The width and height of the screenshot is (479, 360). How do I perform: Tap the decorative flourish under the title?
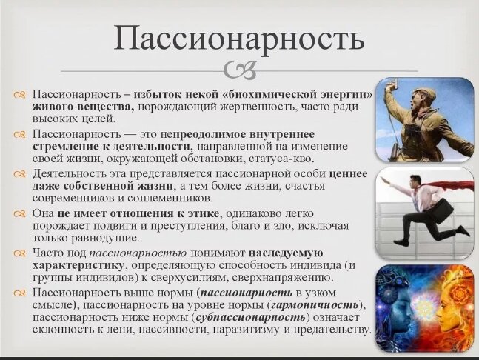click(x=238, y=71)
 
